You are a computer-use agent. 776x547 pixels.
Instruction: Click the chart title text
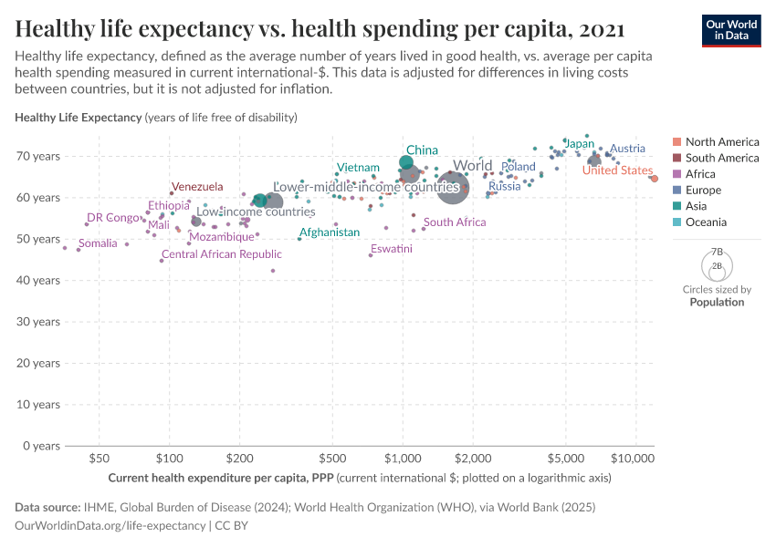click(x=320, y=29)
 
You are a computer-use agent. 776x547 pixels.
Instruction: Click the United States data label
click(x=617, y=170)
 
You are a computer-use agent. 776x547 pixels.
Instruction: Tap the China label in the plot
click(x=422, y=150)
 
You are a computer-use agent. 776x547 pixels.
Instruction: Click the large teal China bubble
click(x=406, y=163)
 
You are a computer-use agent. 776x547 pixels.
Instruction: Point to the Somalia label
click(x=98, y=243)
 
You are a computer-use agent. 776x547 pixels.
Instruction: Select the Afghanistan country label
click(x=330, y=232)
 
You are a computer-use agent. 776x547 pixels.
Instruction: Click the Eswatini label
click(x=391, y=249)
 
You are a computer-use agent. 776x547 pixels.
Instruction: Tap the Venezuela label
click(x=197, y=187)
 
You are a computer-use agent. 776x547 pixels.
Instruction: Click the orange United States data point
click(x=654, y=179)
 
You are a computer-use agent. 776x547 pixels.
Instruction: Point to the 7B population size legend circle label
click(x=717, y=252)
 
